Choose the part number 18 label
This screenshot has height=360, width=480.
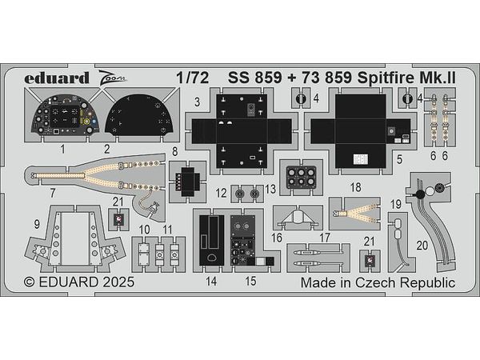355,186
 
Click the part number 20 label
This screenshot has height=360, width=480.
421,244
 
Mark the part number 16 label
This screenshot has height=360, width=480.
276,237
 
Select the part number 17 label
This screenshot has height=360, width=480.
324,237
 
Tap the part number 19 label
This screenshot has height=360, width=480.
395,204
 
